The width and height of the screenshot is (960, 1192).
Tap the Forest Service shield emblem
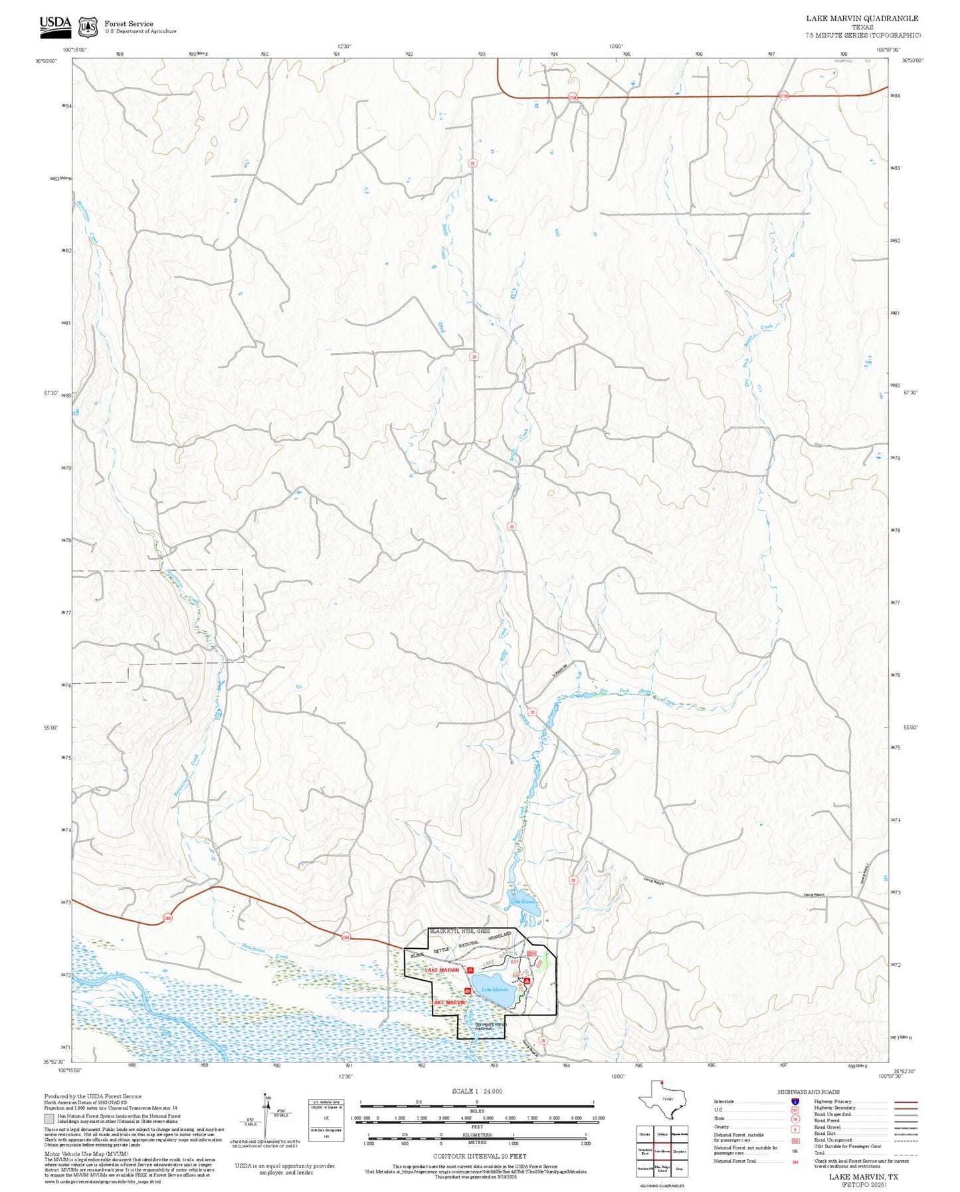88,27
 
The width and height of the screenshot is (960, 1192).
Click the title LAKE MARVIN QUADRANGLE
862,19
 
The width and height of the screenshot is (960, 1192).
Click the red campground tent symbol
527,981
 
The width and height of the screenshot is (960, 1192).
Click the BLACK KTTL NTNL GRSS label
460,932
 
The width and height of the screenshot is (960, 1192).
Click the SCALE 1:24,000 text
477,1091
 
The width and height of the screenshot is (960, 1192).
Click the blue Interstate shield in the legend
795,1102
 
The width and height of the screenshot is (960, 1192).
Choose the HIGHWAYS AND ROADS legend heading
809,1092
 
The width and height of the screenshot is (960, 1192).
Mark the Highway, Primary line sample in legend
906,1102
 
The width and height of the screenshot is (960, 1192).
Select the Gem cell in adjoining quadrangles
679,1168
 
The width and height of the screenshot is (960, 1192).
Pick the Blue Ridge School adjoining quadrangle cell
662,1168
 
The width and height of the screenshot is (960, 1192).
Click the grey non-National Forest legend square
49,1118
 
